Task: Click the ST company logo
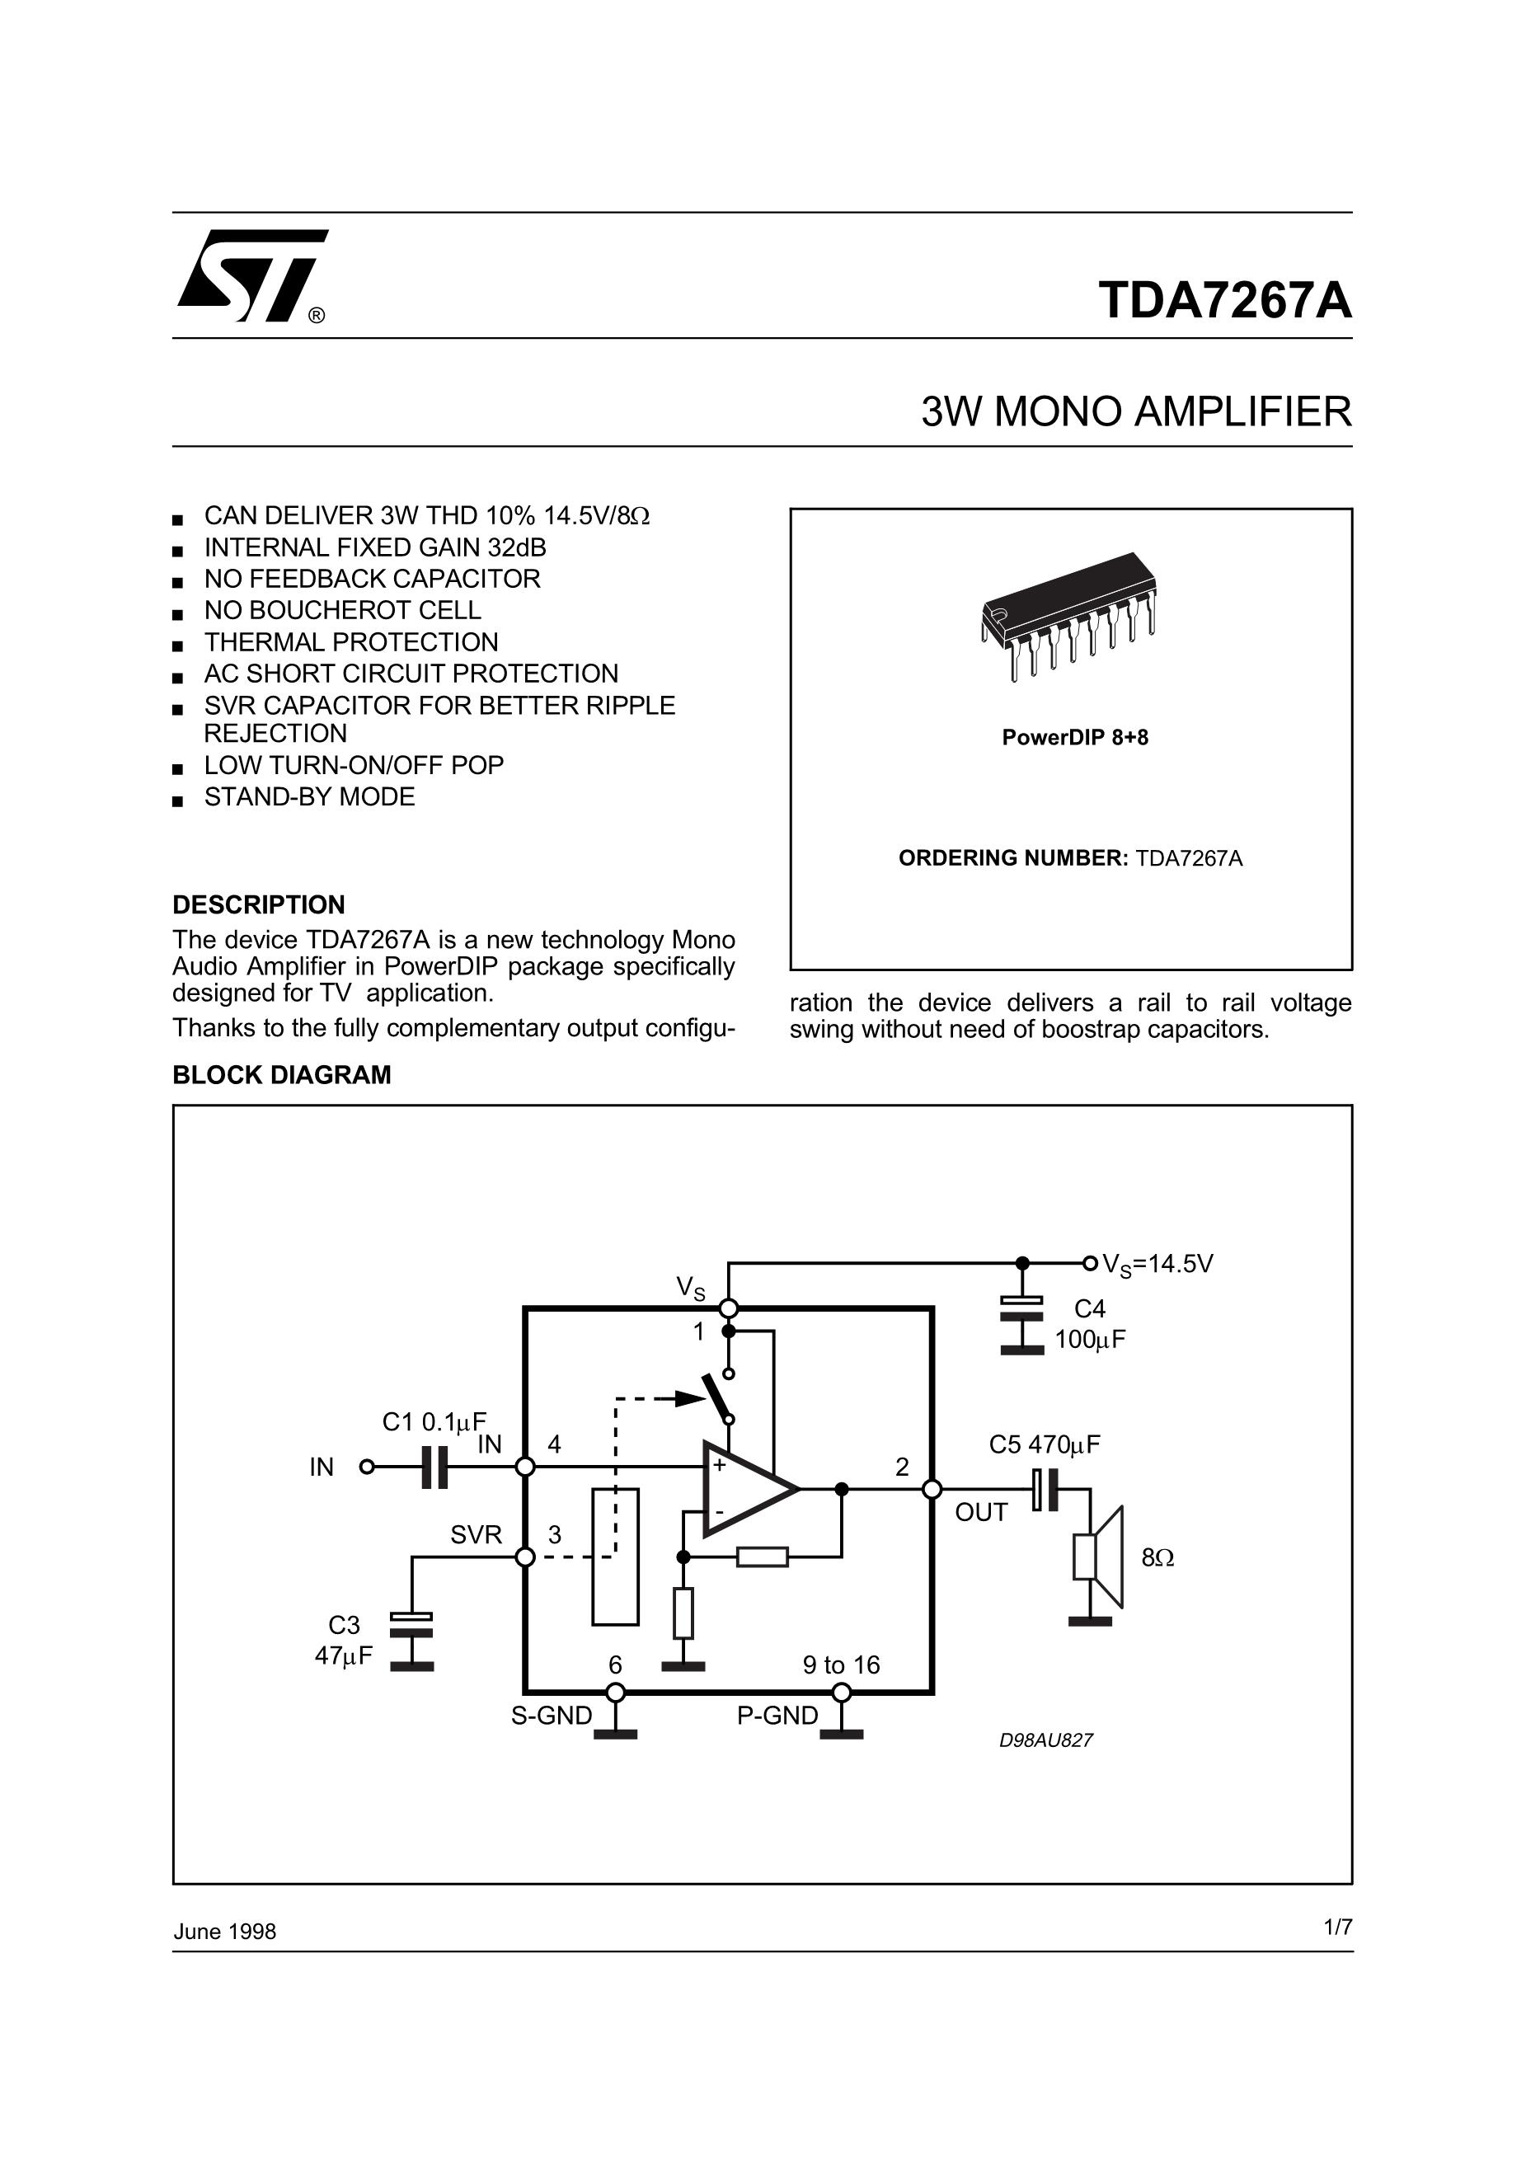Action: pyautogui.click(x=251, y=275)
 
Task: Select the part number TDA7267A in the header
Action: pyautogui.click(x=1224, y=300)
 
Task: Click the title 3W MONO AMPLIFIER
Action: pyautogui.click(x=1135, y=412)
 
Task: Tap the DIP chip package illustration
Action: pyautogui.click(x=1068, y=613)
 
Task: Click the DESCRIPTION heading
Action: pyautogui.click(x=259, y=905)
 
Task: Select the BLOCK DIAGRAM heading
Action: pyautogui.click(x=281, y=1074)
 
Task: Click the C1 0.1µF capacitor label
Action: pyautogui.click(x=434, y=1421)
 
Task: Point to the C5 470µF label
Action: pyautogui.click(x=1044, y=1444)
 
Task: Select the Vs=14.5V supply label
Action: pyautogui.click(x=1157, y=1264)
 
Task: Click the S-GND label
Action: pyautogui.click(x=552, y=1716)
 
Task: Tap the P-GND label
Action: pyautogui.click(x=777, y=1716)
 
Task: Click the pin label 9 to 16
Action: pyautogui.click(x=841, y=1665)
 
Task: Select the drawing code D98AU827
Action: pyautogui.click(x=1045, y=1740)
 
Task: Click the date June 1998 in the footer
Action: pyautogui.click(x=225, y=1932)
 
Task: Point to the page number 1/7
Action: pyautogui.click(x=1337, y=1928)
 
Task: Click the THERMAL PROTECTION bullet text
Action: pyautogui.click(x=351, y=642)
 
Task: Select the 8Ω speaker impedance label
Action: pyautogui.click(x=1157, y=1558)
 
